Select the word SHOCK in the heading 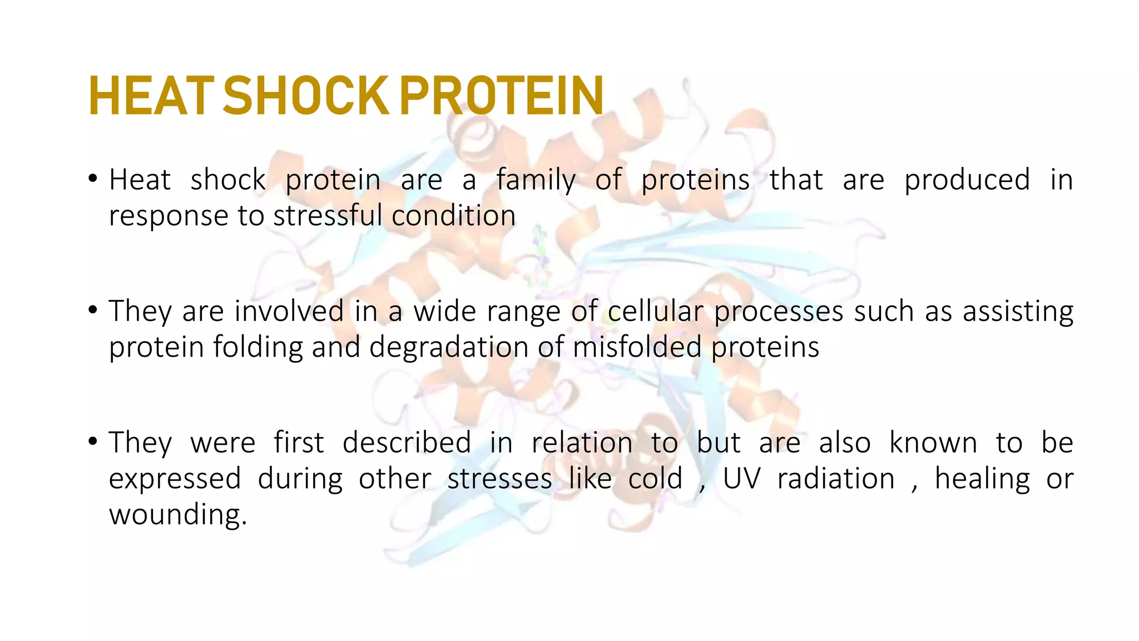coord(306,96)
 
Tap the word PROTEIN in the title coord(501,96)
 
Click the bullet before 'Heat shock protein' coord(93,179)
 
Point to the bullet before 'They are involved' coord(93,310)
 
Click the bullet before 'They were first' coord(93,442)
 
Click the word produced coord(967,180)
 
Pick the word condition coord(453,215)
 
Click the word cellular coord(656,311)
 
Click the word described coord(407,443)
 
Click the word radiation coord(836,479)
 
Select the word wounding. coord(177,515)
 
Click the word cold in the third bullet coord(655,479)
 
